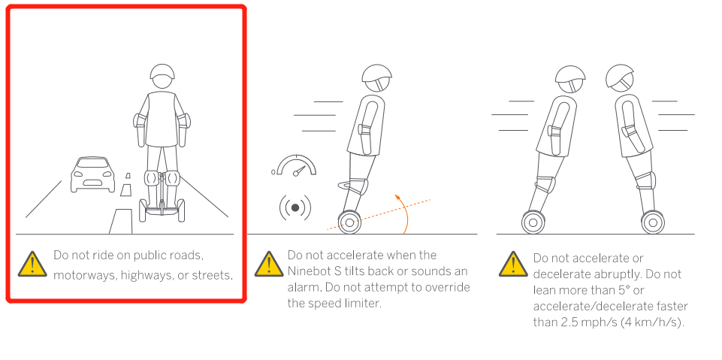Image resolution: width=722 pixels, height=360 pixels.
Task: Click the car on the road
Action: [x=92, y=174]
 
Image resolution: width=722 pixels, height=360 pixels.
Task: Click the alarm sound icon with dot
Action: [x=295, y=208]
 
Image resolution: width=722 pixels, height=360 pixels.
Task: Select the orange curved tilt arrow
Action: [x=405, y=212]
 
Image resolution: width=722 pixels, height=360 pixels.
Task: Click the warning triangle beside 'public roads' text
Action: [x=32, y=265]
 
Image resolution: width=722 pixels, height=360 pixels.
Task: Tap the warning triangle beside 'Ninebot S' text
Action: [x=268, y=265]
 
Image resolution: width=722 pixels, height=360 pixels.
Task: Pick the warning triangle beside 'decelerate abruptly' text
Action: [x=513, y=265]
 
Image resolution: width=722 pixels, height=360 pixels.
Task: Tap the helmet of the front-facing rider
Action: [x=162, y=72]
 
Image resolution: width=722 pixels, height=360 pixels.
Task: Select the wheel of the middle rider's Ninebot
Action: [x=349, y=222]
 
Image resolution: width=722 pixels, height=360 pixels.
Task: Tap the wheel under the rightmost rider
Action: [x=653, y=222]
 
